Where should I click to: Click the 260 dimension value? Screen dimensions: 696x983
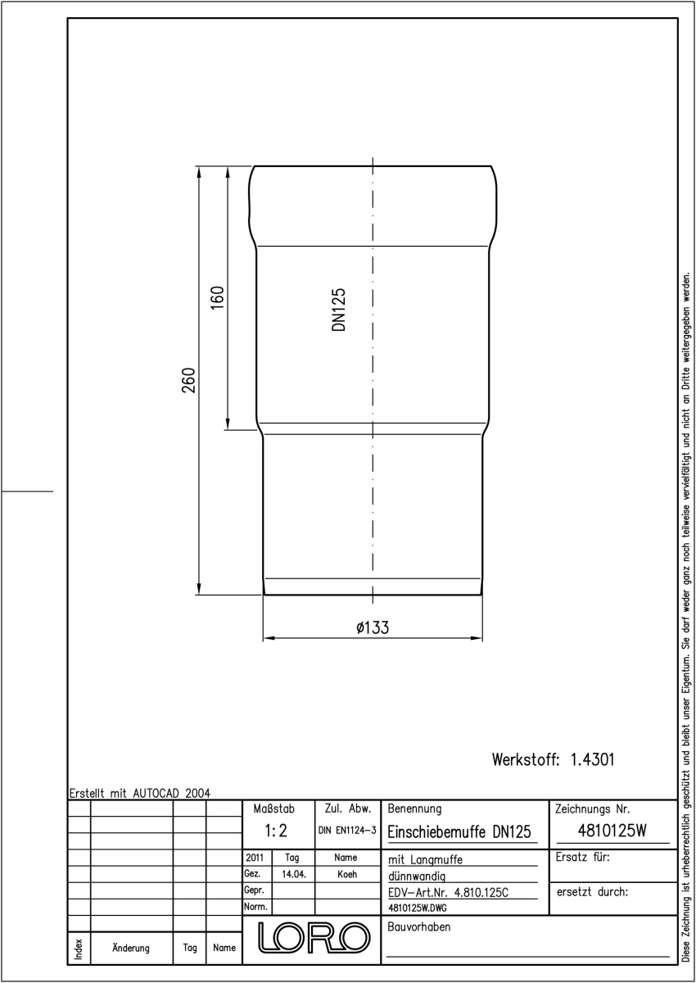(188, 380)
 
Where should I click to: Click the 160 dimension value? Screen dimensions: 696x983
(218, 297)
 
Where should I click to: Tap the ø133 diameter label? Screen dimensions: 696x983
(373, 627)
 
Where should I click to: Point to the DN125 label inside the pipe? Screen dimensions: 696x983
(339, 310)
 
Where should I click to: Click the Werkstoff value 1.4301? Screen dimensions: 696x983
(593, 759)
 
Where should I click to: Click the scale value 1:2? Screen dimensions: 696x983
(276, 831)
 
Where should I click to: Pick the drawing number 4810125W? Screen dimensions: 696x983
(612, 830)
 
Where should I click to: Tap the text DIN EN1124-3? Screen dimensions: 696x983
(347, 831)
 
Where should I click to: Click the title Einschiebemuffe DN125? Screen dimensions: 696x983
(459, 831)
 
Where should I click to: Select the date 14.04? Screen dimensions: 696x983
(294, 874)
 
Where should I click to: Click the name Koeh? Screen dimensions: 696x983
(347, 874)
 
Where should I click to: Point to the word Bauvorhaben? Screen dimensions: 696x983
(418, 926)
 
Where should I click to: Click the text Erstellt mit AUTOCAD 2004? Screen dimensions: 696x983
(140, 794)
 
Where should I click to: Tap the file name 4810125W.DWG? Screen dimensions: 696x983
(418, 908)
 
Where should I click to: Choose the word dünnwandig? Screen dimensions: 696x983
(417, 877)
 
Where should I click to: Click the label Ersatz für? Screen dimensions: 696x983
(583, 857)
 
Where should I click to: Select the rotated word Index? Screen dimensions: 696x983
(79, 949)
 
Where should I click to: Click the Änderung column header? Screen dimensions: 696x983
(131, 948)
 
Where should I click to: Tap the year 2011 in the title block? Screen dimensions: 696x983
(255, 858)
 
